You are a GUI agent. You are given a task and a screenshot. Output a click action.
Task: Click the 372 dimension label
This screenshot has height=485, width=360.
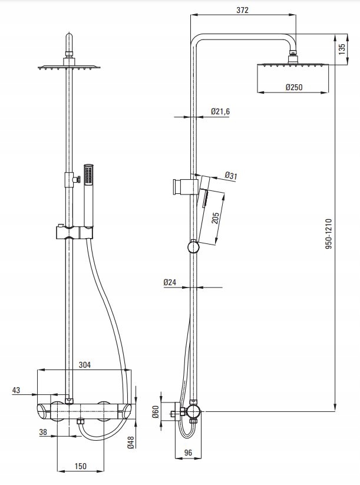[243, 10]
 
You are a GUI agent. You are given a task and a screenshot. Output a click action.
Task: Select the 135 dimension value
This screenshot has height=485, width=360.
[342, 49]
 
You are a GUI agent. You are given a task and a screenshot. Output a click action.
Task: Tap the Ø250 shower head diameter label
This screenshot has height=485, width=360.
[294, 87]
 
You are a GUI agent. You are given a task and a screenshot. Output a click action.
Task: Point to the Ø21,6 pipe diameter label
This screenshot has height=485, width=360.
[220, 111]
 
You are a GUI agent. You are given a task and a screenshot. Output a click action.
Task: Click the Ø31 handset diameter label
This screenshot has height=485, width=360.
[231, 176]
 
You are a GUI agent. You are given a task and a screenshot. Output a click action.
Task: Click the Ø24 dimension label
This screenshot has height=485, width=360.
[170, 282]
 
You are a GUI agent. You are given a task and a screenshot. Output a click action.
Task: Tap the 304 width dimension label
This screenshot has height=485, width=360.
[84, 365]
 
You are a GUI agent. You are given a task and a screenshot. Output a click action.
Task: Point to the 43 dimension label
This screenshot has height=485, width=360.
[16, 390]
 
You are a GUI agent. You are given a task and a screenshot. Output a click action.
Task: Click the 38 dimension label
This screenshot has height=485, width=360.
[43, 432]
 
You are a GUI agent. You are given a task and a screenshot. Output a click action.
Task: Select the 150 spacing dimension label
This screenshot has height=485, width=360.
[80, 466]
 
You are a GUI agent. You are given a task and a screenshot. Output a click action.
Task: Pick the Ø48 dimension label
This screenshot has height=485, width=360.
[131, 442]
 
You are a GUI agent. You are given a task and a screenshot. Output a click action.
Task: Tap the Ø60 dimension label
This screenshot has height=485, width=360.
[156, 412]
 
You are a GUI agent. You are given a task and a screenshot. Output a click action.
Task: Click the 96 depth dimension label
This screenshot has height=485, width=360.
[188, 453]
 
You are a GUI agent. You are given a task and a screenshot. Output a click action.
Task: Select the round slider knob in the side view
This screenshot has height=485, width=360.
[193, 247]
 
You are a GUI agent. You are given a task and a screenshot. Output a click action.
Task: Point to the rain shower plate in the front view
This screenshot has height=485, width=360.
[70, 67]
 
